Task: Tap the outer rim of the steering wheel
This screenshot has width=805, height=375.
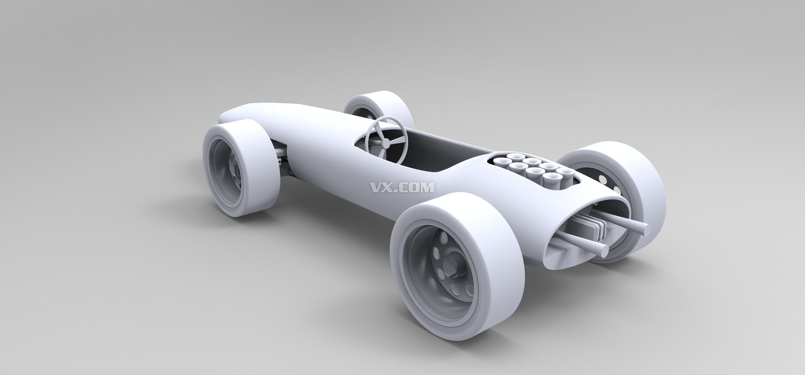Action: [386, 118]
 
